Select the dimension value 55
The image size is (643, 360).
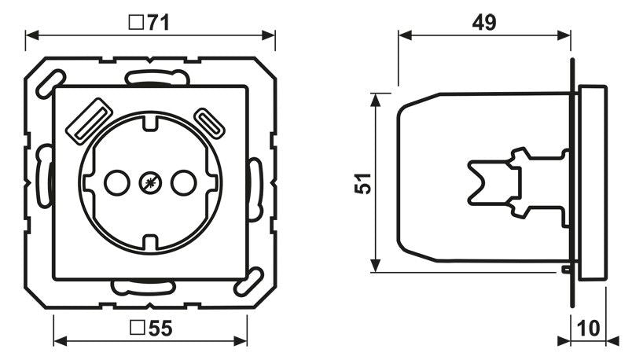point(160,329)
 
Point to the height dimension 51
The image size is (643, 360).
point(361,183)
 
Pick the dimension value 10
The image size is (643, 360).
point(590,328)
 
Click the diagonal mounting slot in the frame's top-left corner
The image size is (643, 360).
point(50,82)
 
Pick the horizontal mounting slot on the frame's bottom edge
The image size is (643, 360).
point(143,286)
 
